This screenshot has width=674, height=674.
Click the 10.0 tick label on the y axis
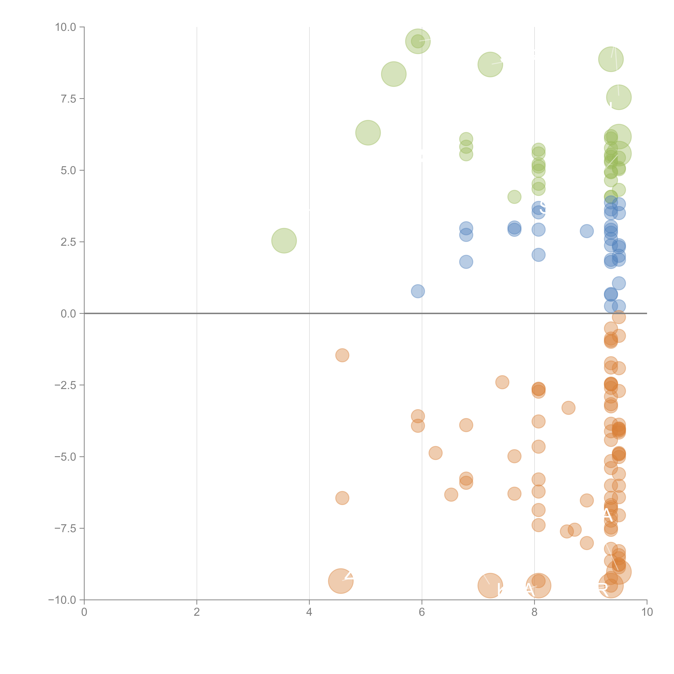pyautogui.click(x=66, y=27)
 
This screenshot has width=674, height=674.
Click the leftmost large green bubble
pyautogui.click(x=284, y=241)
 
